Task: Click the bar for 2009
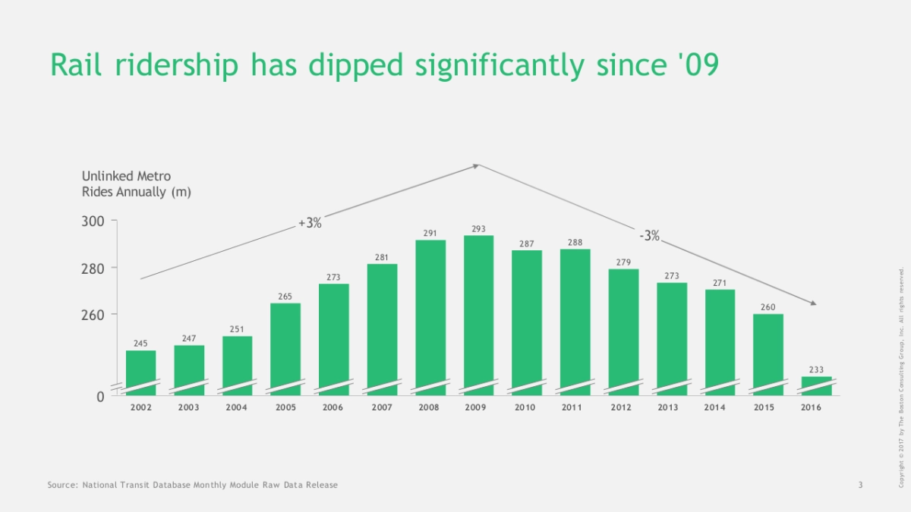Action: (478, 311)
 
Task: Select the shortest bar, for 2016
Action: (816, 385)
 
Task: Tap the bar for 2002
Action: (140, 372)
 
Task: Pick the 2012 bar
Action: (623, 330)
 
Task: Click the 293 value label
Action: (478, 228)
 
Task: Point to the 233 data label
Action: (816, 369)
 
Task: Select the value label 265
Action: (285, 296)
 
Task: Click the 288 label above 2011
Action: (575, 242)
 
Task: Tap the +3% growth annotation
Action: (310, 223)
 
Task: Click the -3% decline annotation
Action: (649, 236)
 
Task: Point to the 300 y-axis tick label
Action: (93, 221)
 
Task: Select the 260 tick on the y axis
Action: (93, 315)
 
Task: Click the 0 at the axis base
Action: (100, 397)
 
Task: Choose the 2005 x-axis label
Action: (285, 407)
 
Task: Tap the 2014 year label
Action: (714, 407)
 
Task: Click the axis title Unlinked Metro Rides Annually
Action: (136, 184)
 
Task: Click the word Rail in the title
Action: (77, 66)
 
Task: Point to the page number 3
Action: (860, 485)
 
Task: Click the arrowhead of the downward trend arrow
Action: (813, 303)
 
